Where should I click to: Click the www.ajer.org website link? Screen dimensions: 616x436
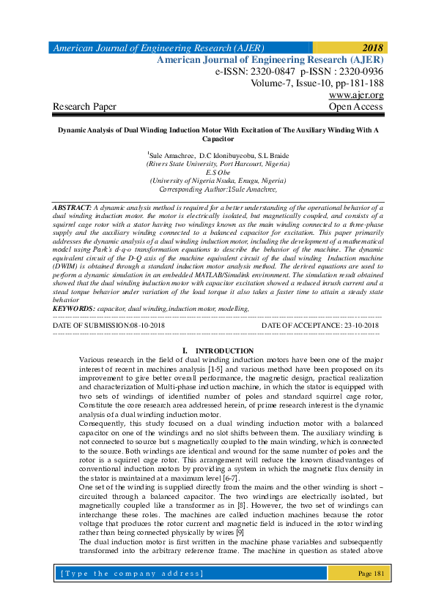coord(357,95)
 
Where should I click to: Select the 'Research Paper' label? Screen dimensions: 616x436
coord(84,107)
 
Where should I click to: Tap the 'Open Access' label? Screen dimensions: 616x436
coord(356,107)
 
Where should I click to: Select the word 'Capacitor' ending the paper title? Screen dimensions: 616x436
coord(218,138)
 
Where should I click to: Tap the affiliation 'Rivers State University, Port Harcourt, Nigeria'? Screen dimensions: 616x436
coord(218,165)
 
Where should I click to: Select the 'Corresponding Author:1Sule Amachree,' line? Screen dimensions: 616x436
coord(218,189)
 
